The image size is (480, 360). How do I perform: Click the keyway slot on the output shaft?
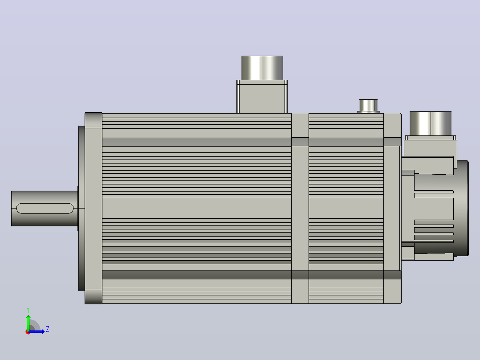tap(45, 209)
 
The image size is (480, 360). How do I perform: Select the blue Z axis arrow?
tap(37, 331)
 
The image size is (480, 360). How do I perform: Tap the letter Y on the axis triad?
tap(28, 310)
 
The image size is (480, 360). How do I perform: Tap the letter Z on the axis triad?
tap(48, 329)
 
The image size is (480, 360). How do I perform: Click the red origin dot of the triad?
tap(28, 332)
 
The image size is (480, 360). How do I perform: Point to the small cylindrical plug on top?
tap(368, 106)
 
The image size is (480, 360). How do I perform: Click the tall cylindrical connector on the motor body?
tap(262, 68)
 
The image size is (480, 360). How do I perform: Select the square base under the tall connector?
tap(262, 97)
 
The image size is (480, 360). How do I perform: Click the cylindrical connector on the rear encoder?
tap(431, 123)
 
